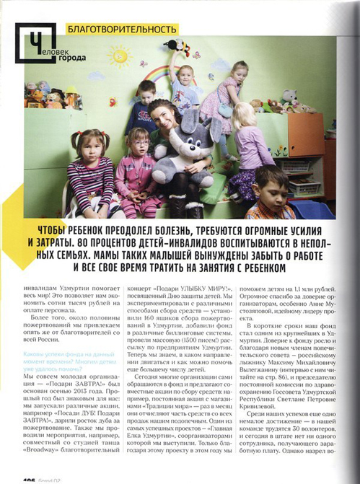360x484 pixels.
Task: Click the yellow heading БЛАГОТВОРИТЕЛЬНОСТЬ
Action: [120, 30]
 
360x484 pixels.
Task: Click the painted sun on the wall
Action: [123, 58]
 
